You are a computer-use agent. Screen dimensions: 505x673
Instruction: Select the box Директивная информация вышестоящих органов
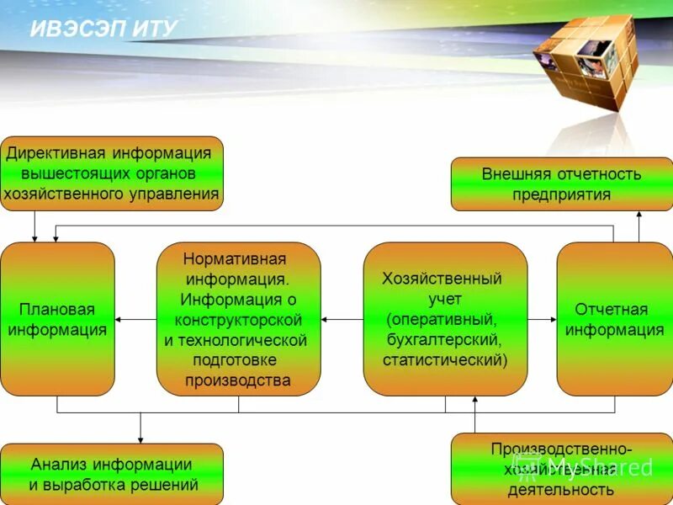[x=112, y=173]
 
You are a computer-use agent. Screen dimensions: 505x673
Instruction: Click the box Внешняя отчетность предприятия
[x=561, y=184]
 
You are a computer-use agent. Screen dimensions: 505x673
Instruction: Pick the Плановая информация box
[x=57, y=319]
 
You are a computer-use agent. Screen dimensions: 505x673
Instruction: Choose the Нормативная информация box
[x=238, y=319]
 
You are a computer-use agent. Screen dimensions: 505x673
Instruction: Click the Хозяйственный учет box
[x=445, y=319]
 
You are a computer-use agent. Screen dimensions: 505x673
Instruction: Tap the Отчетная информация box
[x=614, y=319]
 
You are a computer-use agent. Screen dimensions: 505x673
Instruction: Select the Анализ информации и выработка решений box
[x=112, y=474]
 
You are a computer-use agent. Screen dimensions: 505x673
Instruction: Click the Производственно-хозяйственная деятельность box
[x=561, y=469]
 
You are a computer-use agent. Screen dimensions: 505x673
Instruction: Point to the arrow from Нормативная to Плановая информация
[x=135, y=320]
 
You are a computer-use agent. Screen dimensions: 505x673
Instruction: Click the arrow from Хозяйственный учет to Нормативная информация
[x=342, y=320]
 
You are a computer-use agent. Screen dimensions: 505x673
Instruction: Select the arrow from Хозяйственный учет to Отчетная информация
[x=543, y=320]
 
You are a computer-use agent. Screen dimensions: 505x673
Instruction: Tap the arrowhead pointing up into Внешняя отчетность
[x=639, y=215]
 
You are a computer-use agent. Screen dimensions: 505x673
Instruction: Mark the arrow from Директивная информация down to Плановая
[x=34, y=226]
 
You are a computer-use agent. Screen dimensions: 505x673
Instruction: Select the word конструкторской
[x=238, y=320]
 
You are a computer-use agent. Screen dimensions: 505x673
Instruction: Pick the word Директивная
[x=56, y=153]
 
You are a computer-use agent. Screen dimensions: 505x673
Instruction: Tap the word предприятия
[x=561, y=194]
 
